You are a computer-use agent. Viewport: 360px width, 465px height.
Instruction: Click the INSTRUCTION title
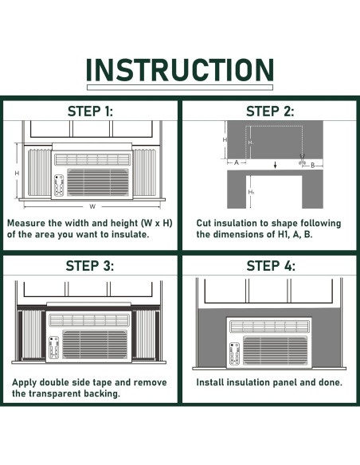[x=180, y=70]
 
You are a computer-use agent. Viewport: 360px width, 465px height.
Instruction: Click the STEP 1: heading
[x=90, y=111]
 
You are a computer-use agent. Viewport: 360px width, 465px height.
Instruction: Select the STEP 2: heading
[x=270, y=111]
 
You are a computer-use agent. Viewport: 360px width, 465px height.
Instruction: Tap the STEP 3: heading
[x=89, y=266]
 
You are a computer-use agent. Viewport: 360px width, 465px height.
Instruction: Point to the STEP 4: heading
[x=271, y=266]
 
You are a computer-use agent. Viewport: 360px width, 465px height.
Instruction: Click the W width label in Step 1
[x=92, y=206]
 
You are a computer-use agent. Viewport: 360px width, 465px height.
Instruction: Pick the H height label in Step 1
[x=17, y=174]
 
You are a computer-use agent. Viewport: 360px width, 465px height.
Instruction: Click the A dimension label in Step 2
[x=237, y=162]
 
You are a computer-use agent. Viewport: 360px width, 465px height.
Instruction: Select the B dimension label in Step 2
[x=312, y=166]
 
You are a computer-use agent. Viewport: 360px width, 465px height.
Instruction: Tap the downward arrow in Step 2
[x=276, y=165]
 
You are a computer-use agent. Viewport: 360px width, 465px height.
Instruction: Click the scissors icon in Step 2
[x=302, y=159]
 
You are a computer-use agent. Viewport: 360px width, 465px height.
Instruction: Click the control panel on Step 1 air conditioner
[x=59, y=186]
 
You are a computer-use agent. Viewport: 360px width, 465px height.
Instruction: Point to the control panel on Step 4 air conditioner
[x=235, y=354]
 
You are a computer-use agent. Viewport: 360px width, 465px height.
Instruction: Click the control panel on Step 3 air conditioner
[x=53, y=347]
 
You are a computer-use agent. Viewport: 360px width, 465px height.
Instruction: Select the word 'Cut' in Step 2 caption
[x=204, y=223]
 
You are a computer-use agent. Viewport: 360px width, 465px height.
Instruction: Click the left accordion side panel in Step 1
[x=40, y=173]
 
